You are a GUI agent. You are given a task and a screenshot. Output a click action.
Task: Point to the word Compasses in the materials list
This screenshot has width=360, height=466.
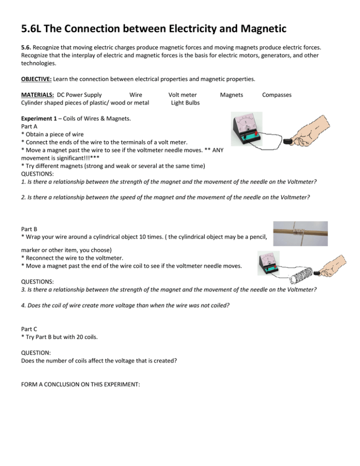[277, 95]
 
